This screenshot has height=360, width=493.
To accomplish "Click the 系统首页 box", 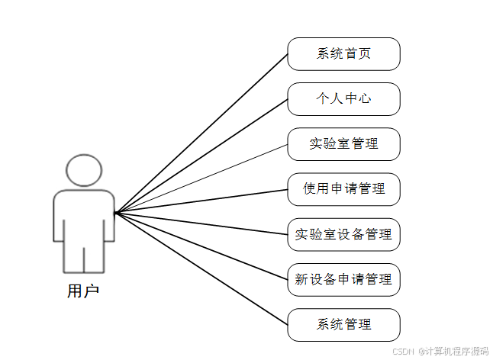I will pos(343,54).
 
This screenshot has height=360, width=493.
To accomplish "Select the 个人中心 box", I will pos(343,99).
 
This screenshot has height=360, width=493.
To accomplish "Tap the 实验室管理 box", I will pos(343,144).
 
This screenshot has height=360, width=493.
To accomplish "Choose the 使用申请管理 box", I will pos(343,189).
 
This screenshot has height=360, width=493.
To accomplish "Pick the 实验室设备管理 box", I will pos(343,234).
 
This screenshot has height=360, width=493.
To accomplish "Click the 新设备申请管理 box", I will pos(343,279).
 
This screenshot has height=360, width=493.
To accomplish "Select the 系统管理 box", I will pos(343,324).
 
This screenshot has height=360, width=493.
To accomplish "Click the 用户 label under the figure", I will pos(82,291).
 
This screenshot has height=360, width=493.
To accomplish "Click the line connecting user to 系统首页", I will pos(201,133).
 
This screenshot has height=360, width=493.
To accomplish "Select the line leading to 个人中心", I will pos(201,156).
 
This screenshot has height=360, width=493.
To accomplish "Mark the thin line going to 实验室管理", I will pos(201,178).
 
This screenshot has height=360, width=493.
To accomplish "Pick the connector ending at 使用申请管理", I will pos(201,201).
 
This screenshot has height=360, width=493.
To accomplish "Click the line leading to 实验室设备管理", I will pos(201,223).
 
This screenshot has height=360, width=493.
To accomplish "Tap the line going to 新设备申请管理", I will pos(201,246).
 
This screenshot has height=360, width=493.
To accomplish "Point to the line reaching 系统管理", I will pos(201,268).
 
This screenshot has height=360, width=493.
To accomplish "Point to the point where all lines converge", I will pos(115,213).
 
